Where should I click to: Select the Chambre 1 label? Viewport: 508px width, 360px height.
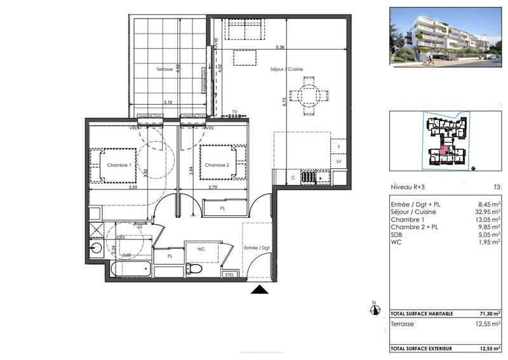click(119, 166)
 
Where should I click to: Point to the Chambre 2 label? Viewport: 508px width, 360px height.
click(217, 166)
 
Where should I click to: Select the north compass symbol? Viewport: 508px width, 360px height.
click(375, 310)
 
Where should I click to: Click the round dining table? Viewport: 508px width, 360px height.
click(308, 97)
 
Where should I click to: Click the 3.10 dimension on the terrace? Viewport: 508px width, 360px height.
click(168, 102)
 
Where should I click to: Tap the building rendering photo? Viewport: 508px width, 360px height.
click(444, 37)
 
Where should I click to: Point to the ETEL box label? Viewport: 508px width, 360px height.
click(229, 274)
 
